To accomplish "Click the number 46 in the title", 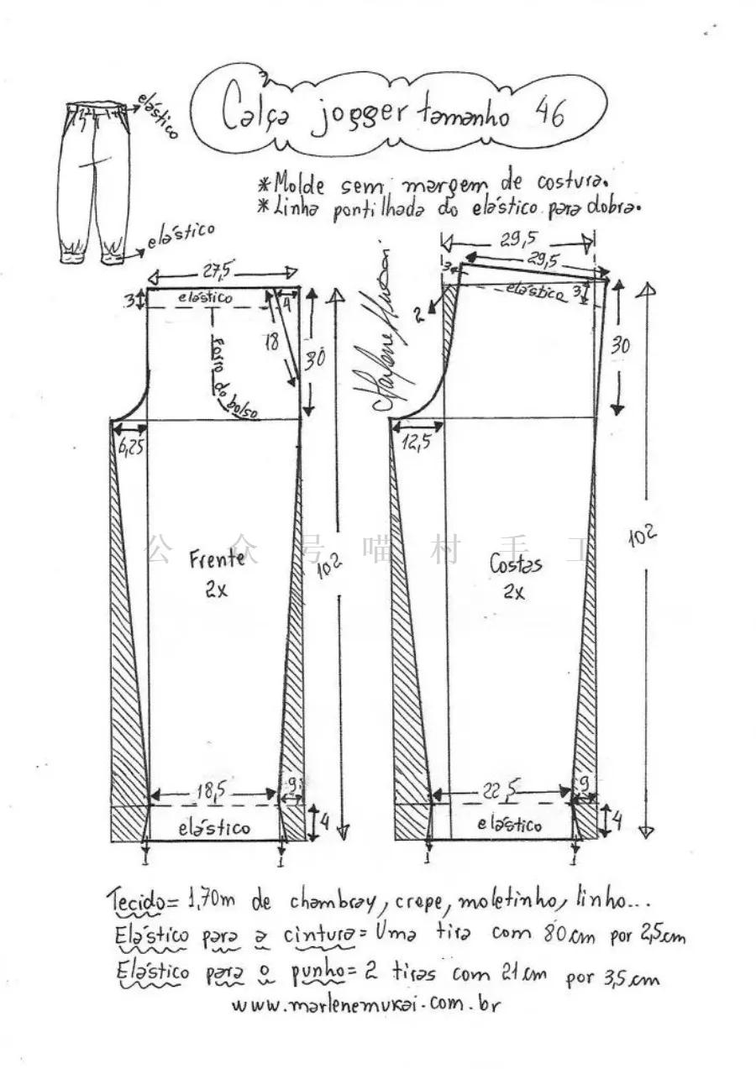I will tap(548, 113).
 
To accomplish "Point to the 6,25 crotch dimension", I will tap(129, 447).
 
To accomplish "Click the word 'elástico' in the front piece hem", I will tap(214, 827).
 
